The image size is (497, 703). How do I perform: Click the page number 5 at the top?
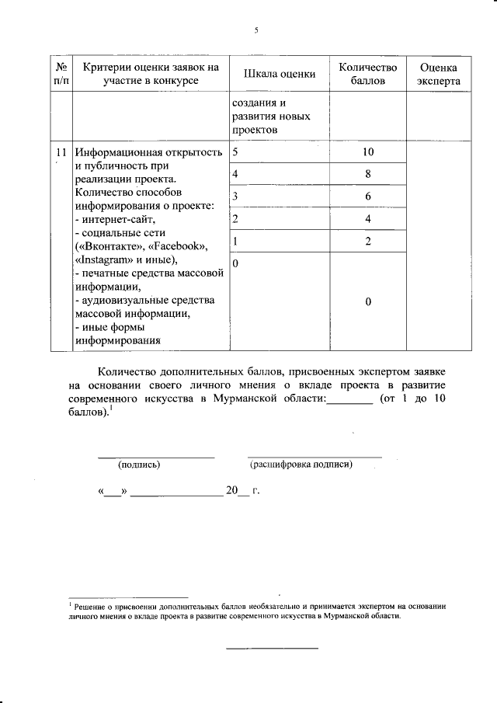click(255, 30)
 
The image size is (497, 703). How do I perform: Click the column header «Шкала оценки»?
click(279, 74)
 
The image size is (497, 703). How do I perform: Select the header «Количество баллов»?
click(367, 74)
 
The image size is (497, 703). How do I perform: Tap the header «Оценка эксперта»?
click(437, 74)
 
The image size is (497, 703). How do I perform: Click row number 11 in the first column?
click(61, 152)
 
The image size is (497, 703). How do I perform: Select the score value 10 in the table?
click(367, 152)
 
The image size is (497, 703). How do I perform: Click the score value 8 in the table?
click(367, 175)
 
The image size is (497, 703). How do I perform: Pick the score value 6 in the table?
click(367, 197)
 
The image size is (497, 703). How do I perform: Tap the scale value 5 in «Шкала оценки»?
click(235, 152)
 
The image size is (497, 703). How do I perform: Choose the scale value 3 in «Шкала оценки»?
click(235, 197)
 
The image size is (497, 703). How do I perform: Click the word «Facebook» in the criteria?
click(176, 246)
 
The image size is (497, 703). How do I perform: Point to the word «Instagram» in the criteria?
click(107, 259)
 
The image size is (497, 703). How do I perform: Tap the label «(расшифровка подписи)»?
click(301, 465)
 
